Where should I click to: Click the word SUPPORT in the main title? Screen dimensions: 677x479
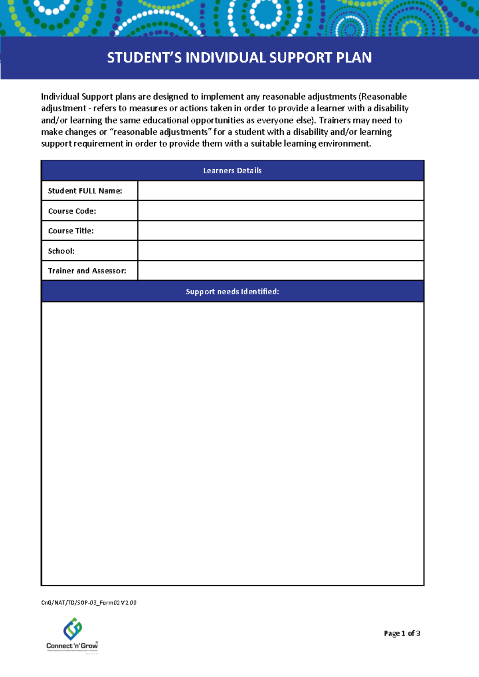[301, 58]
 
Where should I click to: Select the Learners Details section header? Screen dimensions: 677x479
[232, 170]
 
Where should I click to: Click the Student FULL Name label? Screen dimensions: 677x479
[85, 191]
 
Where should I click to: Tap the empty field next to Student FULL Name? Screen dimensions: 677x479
[280, 191]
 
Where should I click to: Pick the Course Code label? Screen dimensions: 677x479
[72, 211]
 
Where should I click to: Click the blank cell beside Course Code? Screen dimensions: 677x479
[280, 211]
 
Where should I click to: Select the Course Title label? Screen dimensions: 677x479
[71, 231]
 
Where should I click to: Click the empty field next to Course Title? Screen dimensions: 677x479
[280, 231]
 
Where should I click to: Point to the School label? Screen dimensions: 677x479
[61, 251]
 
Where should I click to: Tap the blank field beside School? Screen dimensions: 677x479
[280, 251]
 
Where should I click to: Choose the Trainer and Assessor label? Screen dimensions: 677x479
[87, 271]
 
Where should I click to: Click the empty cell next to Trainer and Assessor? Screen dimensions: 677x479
[280, 271]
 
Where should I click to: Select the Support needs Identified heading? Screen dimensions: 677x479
[232, 291]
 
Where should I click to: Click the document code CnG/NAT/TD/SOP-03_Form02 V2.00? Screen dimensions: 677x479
[89, 603]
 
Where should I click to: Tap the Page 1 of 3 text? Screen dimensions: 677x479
[402, 633]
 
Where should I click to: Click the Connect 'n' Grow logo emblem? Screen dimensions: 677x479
[73, 629]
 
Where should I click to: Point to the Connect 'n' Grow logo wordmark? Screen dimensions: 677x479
[72, 645]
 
